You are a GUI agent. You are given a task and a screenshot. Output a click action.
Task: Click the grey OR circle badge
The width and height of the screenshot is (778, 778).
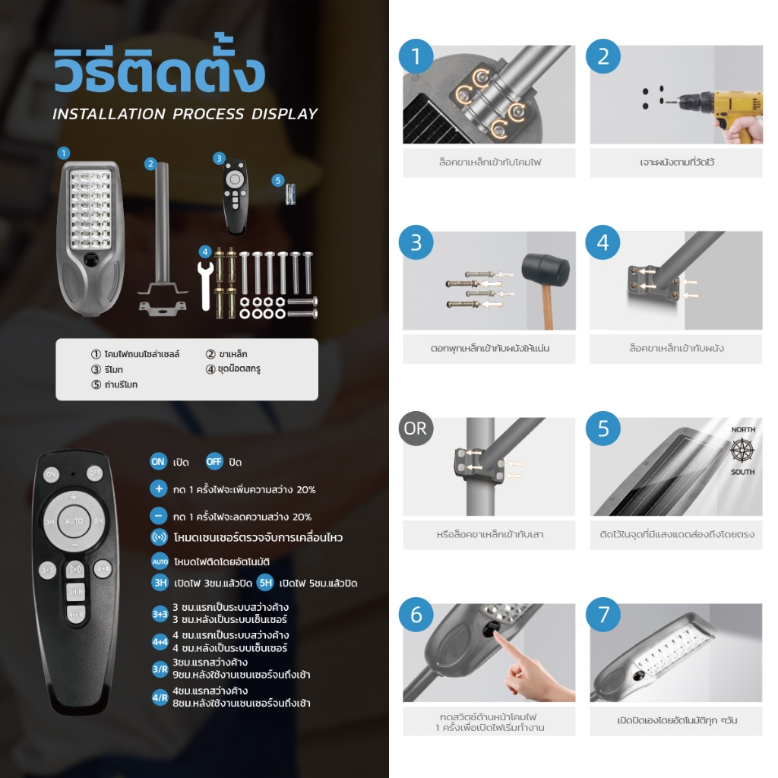[416, 429]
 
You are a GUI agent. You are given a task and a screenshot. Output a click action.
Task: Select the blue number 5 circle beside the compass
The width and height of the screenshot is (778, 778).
[602, 429]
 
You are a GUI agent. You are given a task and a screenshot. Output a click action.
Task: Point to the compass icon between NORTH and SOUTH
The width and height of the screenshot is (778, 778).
[742, 451]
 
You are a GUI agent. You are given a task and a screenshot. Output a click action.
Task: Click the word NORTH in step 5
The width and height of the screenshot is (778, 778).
[743, 430]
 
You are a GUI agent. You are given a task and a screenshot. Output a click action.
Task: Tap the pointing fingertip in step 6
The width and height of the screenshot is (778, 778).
[498, 640]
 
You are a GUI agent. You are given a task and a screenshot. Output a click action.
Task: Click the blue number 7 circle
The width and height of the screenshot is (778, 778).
[602, 614]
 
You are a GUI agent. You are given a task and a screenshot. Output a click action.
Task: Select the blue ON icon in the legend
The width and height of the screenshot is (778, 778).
[158, 461]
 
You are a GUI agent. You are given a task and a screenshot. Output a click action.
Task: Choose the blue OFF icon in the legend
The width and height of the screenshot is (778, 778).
[214, 461]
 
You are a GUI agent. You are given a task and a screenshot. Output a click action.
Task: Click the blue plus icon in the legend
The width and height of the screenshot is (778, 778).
[158, 489]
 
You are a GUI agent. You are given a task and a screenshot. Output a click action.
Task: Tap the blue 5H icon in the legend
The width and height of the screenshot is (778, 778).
[265, 583]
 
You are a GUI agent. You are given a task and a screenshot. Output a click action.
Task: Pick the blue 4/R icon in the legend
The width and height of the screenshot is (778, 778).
[160, 697]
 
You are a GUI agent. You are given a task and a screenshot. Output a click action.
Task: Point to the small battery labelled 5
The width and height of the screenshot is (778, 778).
[291, 194]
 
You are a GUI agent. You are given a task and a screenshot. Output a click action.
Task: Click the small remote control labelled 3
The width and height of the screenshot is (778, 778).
[236, 197]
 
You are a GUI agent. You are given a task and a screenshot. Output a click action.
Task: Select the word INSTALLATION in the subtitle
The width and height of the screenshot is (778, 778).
[109, 114]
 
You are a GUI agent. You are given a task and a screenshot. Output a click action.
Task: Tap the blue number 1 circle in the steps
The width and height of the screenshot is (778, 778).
[416, 56]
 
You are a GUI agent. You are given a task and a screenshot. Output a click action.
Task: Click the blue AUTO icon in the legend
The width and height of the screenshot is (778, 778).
[160, 561]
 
